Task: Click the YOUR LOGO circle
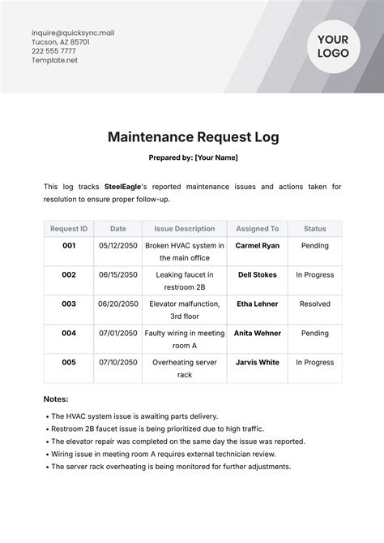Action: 333,46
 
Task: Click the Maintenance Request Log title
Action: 193,137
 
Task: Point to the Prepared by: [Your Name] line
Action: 193,157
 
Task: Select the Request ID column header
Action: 69,229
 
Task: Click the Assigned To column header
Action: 258,229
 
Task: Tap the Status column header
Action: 314,229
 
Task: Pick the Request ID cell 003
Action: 69,304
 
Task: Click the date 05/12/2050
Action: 118,245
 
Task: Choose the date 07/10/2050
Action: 118,363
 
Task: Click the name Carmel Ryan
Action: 258,245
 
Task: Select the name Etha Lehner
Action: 258,304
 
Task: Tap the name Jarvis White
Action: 258,363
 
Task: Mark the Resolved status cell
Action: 314,304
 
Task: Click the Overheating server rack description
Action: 184,368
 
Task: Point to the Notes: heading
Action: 56,399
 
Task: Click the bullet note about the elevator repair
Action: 177,442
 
